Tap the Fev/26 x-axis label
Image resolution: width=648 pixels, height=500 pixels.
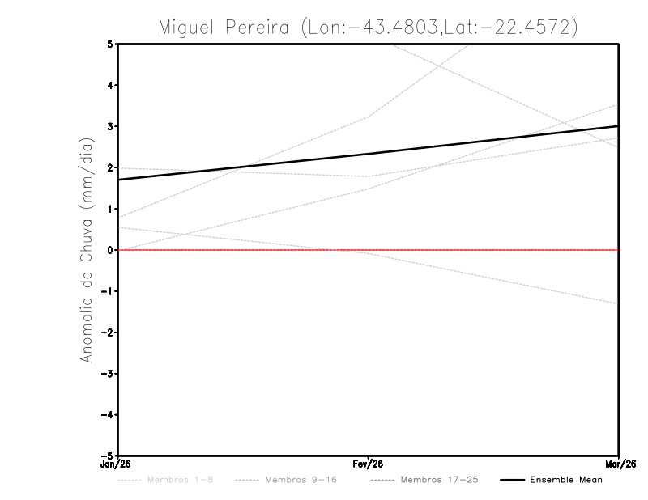click(368, 464)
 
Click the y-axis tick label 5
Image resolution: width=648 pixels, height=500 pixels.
click(110, 44)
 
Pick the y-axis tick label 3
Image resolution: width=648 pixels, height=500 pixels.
click(110, 126)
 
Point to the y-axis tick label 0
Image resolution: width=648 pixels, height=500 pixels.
click(110, 250)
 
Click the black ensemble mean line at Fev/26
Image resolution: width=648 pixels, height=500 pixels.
click(368, 154)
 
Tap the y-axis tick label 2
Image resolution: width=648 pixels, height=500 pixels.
click(110, 167)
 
